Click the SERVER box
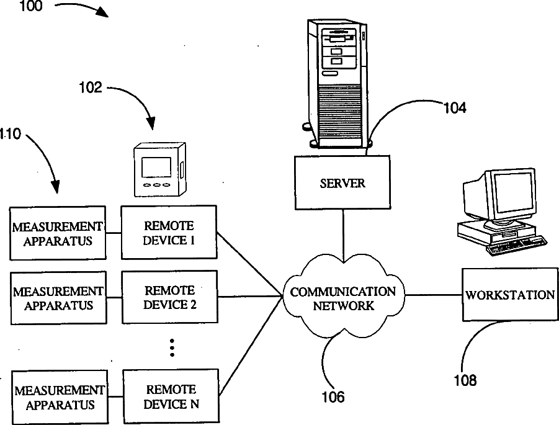[x=342, y=183]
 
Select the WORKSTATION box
[x=510, y=295]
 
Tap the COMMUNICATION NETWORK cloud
[x=343, y=298]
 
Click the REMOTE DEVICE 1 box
[x=169, y=233]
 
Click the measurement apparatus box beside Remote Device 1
[x=57, y=233]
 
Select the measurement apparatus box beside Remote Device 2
[x=58, y=298]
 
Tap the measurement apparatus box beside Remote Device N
[x=59, y=398]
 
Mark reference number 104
[x=454, y=108]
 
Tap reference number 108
[x=463, y=379]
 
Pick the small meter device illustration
[x=159, y=169]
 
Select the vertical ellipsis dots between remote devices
[x=172, y=348]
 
